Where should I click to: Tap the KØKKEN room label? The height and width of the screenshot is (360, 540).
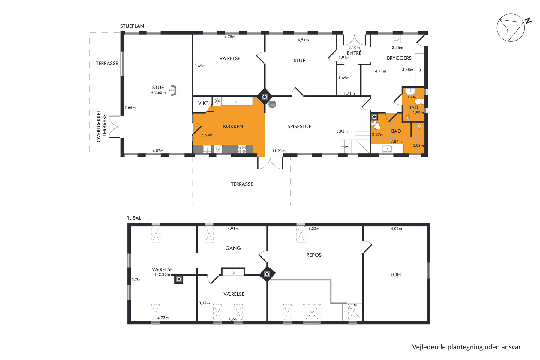[233, 127]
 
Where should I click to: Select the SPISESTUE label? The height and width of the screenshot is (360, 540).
[299, 127]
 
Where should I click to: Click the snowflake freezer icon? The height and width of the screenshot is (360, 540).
[217, 101]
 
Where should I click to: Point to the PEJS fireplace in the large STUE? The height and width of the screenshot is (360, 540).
[173, 90]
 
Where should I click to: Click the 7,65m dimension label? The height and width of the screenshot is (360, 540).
[130, 108]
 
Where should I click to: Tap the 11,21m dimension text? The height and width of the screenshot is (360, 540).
[279, 151]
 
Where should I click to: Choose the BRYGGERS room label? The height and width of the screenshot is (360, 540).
[399, 58]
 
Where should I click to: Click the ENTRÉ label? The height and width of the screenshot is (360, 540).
[354, 53]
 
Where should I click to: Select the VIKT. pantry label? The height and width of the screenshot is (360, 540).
[203, 103]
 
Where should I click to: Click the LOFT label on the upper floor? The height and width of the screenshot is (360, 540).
[396, 274]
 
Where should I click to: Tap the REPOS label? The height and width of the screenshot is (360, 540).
[314, 255]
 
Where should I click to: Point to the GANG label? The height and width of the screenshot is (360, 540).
[233, 248]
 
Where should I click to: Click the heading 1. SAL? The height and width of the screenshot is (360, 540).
[134, 218]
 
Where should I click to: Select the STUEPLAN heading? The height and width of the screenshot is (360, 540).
[132, 26]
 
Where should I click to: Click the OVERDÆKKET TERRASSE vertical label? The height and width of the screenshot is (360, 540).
[102, 126]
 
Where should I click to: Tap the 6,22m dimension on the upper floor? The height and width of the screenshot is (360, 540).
[314, 229]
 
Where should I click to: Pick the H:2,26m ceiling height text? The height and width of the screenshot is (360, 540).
[162, 274]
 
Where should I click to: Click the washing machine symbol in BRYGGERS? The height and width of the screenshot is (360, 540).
[396, 39]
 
